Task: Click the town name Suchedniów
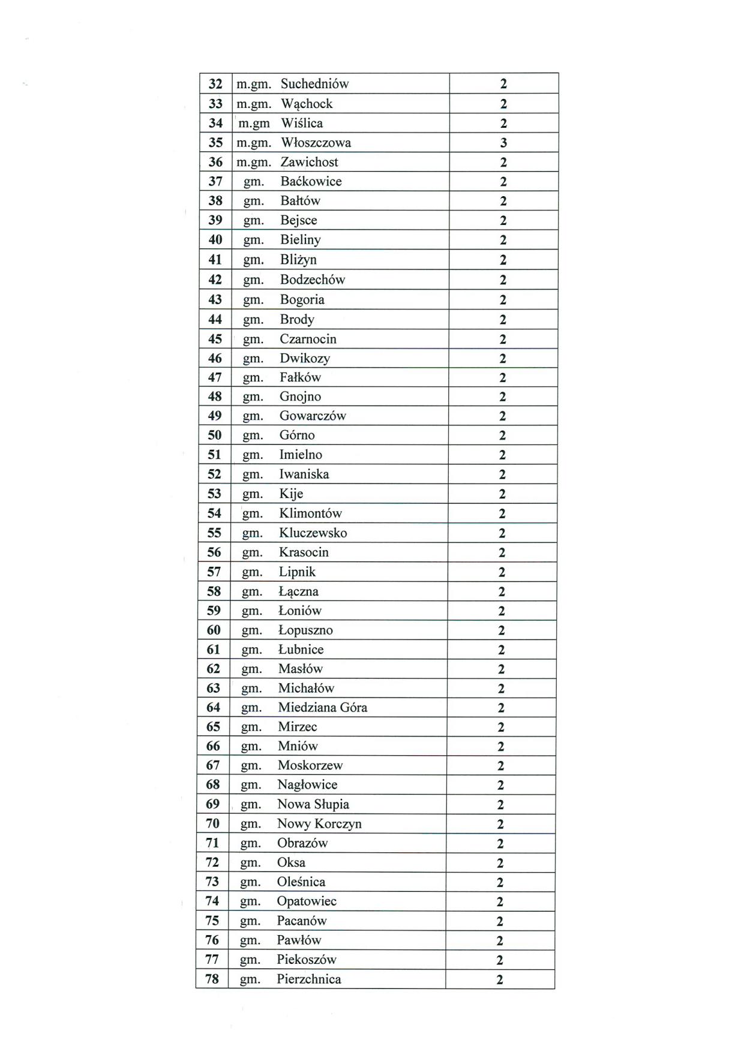tap(314, 84)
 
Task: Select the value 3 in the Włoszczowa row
tap(503, 143)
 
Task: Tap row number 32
tap(215, 84)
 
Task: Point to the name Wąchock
tap(307, 104)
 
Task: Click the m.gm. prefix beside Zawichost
tap(254, 162)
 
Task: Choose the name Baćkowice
tap(311, 181)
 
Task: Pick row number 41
tap(215, 260)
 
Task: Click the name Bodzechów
tap(313, 279)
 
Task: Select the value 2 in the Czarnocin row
tap(503, 339)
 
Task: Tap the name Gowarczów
tap(313, 416)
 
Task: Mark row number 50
tap(214, 435)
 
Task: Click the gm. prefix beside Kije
tap(253, 494)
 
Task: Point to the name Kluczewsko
tap(313, 533)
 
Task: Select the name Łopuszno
tap(305, 630)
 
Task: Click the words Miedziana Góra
tap(322, 707)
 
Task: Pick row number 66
tap(213, 746)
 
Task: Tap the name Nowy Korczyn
tap(319, 823)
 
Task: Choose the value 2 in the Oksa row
tap(500, 863)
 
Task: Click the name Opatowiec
tap(307, 901)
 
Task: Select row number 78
tap(212, 979)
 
